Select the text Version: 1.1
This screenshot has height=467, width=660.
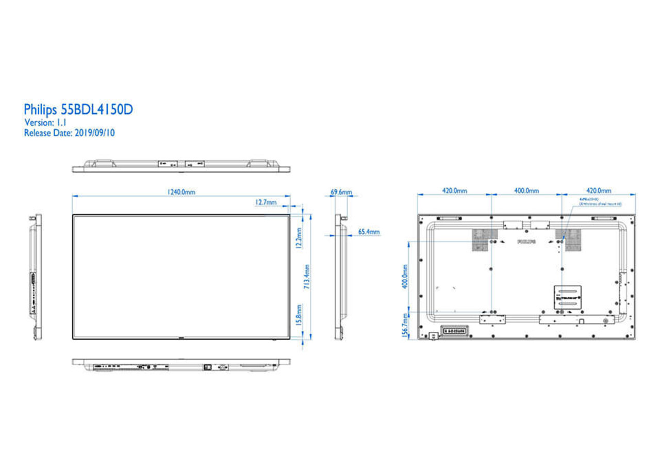[45, 123]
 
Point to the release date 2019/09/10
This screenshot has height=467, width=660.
[95, 133]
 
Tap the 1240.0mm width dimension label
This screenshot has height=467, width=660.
[180, 192]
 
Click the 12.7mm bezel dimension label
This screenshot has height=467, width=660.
[266, 202]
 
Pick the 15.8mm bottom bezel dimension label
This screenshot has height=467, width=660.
[299, 315]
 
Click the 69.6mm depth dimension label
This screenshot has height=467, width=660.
[341, 192]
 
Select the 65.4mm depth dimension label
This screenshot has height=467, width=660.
[369, 232]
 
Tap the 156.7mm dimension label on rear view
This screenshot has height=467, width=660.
[405, 326]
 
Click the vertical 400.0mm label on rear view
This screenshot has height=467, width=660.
[405, 277]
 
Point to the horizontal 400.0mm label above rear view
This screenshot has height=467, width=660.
[526, 191]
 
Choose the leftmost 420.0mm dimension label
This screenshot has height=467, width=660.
[454, 191]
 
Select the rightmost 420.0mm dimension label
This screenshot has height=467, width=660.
[598, 191]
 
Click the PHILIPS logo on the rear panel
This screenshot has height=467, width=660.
[526, 241]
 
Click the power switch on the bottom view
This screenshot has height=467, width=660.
[208, 367]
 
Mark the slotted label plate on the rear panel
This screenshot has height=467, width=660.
[567, 298]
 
